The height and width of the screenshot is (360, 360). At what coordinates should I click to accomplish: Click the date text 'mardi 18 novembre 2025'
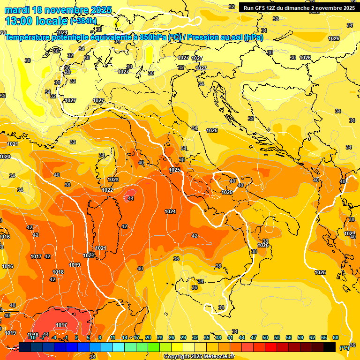click(58, 10)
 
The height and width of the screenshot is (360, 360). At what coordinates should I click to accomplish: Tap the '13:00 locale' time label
click(37, 21)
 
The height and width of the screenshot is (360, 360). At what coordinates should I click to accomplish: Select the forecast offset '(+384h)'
click(83, 21)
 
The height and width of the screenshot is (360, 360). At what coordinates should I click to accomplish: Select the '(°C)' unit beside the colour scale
click(344, 347)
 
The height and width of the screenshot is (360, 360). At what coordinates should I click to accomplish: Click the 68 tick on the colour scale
click(336, 337)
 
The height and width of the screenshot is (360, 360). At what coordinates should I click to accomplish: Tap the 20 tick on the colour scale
click(148, 337)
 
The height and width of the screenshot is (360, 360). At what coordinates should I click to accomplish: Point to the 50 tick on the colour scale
click(265, 337)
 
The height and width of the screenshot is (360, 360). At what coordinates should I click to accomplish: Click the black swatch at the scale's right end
click(330, 347)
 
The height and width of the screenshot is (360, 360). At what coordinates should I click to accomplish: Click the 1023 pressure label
click(113, 180)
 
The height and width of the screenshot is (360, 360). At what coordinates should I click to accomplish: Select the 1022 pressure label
click(108, 190)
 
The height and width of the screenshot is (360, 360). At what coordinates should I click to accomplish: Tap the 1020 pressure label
click(5, 157)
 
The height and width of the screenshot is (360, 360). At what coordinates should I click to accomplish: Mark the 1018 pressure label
click(58, 272)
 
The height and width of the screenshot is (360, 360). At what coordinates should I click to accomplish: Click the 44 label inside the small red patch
click(131, 198)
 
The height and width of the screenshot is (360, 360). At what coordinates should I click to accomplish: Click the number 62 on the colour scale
click(312, 337)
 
